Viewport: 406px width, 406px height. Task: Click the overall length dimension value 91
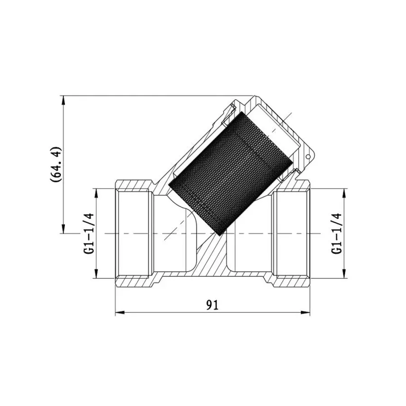click(212, 305)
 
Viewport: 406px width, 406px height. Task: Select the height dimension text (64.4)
click(55, 164)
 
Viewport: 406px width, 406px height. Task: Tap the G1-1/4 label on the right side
click(336, 234)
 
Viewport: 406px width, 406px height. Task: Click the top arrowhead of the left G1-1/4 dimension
click(96, 192)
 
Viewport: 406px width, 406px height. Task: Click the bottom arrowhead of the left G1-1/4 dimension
click(96, 276)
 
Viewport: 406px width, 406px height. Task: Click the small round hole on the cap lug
click(309, 157)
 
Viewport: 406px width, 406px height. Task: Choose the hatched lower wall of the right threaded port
click(292, 282)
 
